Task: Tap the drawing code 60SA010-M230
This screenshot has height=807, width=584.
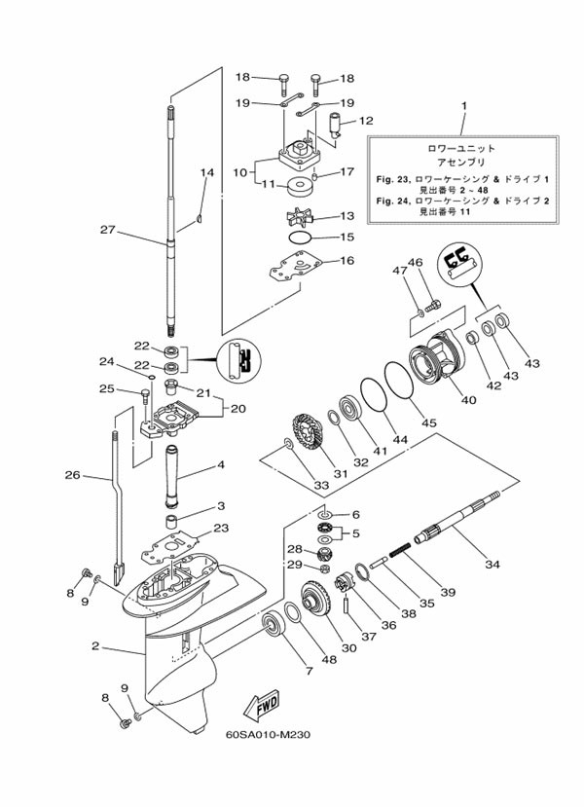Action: [268, 734]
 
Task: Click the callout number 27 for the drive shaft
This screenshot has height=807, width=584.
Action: [107, 230]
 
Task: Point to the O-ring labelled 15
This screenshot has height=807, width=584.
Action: [301, 238]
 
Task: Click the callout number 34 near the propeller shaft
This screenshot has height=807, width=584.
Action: [493, 565]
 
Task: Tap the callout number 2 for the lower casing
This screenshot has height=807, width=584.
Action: [95, 645]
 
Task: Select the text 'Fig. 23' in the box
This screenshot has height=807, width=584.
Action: [392, 180]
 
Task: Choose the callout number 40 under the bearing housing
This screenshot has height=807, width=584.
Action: [469, 400]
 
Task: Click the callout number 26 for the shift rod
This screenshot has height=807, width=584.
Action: [73, 475]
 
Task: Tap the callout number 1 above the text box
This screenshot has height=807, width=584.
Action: [464, 106]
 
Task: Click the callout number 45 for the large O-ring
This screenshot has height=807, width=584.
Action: [428, 422]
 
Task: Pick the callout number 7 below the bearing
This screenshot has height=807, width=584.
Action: [309, 671]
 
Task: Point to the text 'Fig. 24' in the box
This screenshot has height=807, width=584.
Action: [392, 201]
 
